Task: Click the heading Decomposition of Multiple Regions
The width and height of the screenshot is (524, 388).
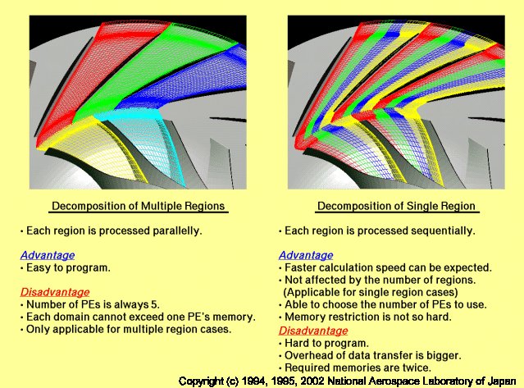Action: pos(139,206)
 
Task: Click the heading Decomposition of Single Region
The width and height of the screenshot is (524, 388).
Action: pos(396,206)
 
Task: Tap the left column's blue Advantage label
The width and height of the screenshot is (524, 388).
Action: pos(48,255)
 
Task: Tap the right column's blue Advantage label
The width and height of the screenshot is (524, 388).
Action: pos(306,255)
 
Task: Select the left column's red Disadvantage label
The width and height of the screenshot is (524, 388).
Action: pos(55,292)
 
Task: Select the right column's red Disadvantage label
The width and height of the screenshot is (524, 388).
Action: pos(313,331)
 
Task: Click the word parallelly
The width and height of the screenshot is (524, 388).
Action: pos(177,231)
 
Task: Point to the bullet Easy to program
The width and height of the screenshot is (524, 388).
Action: pos(66,267)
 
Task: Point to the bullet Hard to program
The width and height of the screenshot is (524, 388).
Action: pos(324,343)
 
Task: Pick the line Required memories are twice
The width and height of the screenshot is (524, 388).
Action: pos(355,367)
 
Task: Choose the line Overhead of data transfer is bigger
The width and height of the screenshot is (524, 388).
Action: pos(370,355)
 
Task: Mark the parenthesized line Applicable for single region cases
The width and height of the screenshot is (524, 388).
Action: pos(371,292)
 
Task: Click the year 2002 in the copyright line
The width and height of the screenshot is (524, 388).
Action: pos(312,381)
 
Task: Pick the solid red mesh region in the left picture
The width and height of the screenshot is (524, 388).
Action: pos(100,71)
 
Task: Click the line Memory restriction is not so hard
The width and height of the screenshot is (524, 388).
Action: pos(365,317)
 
